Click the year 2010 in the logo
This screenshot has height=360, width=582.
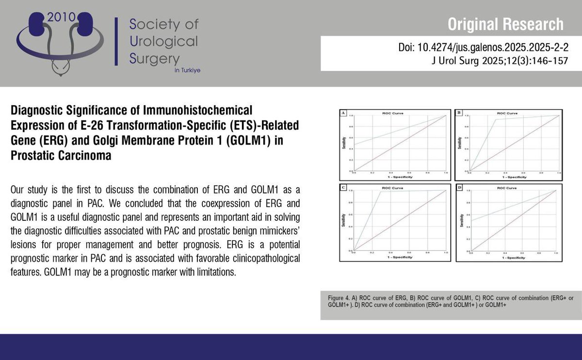62,17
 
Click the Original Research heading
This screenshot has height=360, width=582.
505,24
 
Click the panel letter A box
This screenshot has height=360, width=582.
343,114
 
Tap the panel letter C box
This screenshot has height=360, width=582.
343,187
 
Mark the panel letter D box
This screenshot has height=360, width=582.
459,187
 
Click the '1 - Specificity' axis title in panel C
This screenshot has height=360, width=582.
400,257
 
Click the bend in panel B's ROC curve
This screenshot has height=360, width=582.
496,119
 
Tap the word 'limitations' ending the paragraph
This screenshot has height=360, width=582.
215,272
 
